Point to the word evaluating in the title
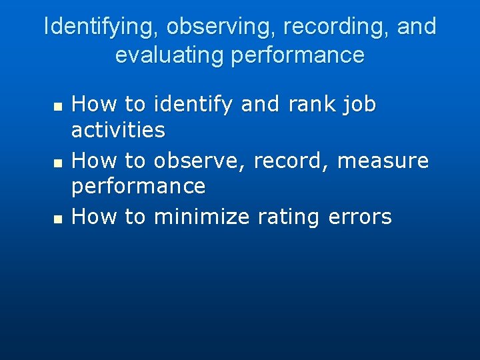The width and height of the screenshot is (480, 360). click(x=170, y=55)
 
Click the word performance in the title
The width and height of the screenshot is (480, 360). click(x=297, y=55)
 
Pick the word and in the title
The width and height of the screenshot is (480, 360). click(x=417, y=27)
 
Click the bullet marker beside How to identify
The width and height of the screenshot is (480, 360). click(x=57, y=107)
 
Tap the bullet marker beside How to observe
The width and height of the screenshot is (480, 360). click(x=57, y=163)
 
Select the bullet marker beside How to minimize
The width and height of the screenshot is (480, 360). click(x=57, y=219)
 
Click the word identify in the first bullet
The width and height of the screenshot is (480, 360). click(x=193, y=105)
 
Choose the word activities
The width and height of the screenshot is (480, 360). click(x=118, y=129)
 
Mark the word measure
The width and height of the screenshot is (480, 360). click(x=383, y=161)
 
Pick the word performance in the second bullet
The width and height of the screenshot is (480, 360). click(x=138, y=186)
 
